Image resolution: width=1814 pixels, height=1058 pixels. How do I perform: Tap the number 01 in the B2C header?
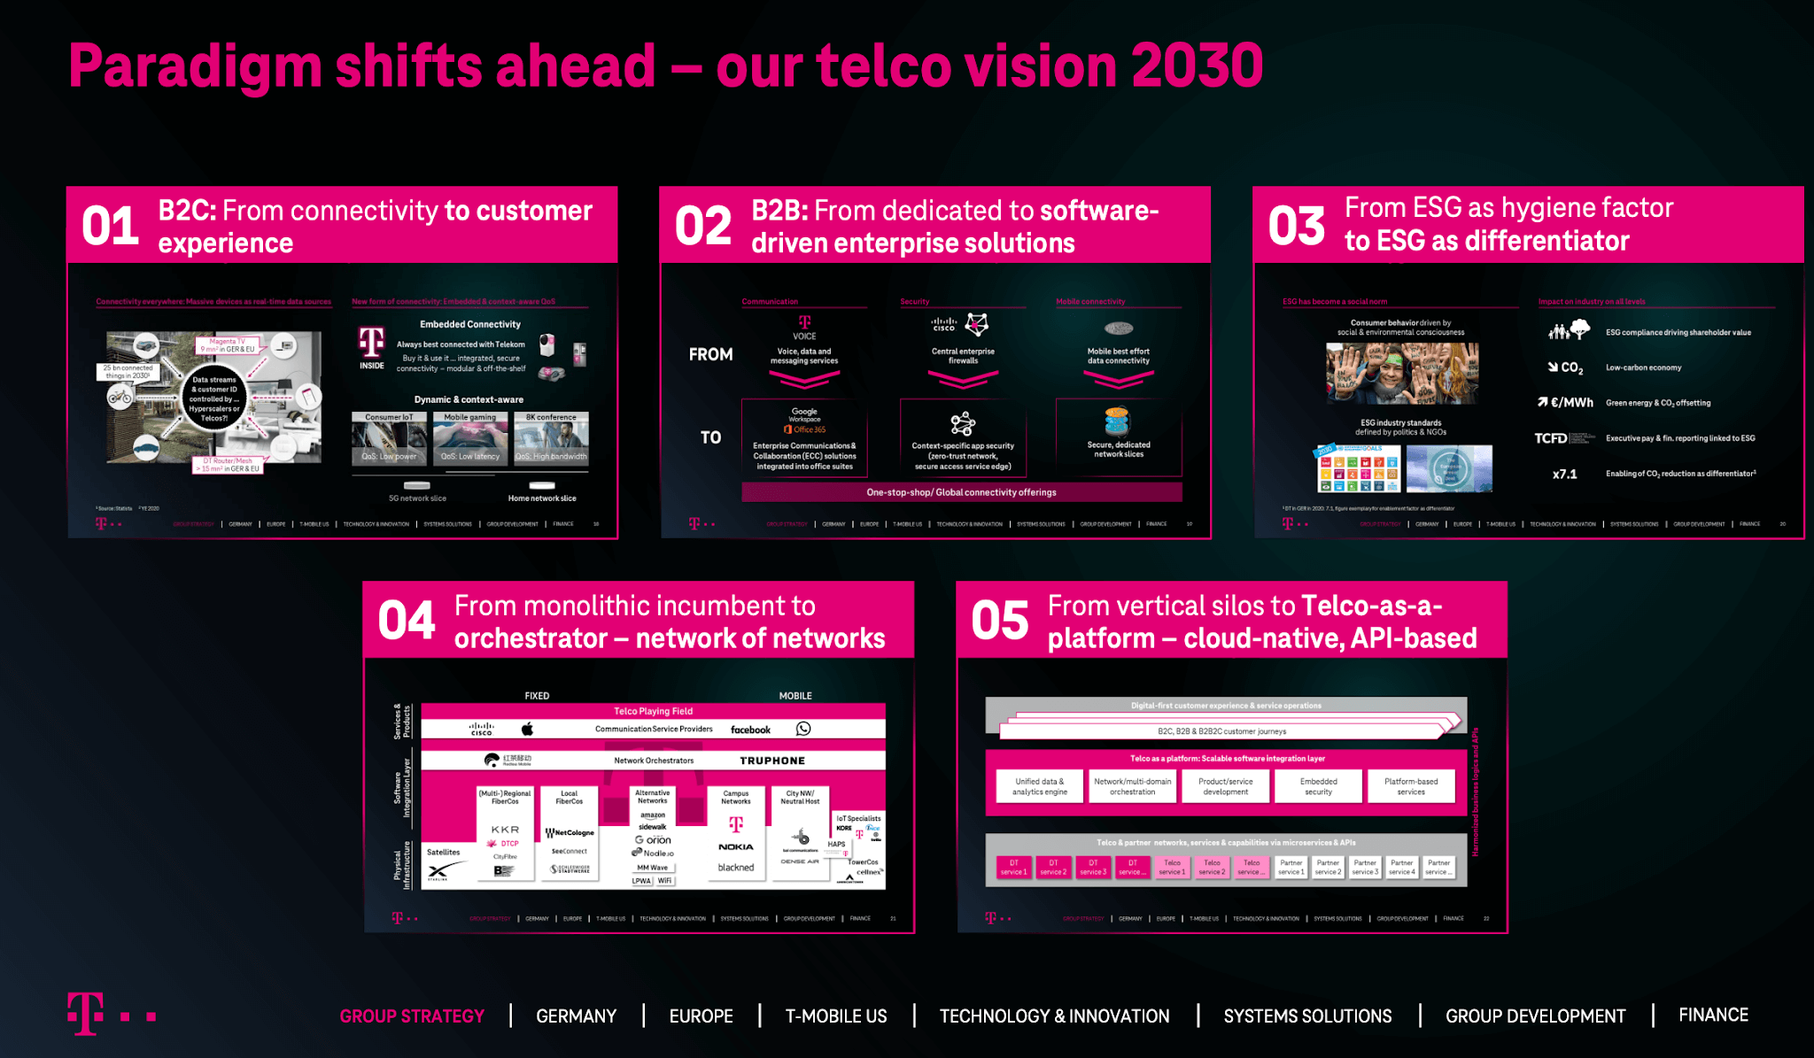(x=110, y=226)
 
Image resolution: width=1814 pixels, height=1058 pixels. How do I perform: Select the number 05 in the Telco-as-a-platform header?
(x=999, y=620)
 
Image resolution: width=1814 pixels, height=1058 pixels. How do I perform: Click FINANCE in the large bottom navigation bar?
(x=1713, y=1015)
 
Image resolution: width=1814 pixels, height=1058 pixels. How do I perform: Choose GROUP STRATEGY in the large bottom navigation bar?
(x=412, y=1016)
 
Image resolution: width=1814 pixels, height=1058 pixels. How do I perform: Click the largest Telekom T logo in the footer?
(x=86, y=1013)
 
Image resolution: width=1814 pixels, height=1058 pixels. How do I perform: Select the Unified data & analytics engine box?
(x=1040, y=786)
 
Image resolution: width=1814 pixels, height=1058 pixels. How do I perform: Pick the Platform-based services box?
(x=1411, y=786)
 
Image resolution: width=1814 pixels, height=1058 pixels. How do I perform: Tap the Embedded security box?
(x=1318, y=786)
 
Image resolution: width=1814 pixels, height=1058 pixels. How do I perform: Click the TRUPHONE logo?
(x=772, y=761)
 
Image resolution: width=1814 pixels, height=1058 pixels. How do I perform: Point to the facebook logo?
(x=750, y=730)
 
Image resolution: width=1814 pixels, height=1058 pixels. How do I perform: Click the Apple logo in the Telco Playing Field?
(x=527, y=729)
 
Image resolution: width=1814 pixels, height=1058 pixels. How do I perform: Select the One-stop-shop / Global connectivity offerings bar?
(x=961, y=492)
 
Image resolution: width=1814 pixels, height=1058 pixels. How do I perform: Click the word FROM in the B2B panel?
(x=710, y=354)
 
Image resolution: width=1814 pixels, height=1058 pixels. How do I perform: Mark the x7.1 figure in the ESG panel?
(x=1564, y=474)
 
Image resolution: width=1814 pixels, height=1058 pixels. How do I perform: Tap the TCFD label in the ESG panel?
(x=1551, y=438)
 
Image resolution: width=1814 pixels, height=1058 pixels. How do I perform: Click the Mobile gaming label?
(x=469, y=417)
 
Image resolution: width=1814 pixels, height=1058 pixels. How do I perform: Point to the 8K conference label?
(x=550, y=417)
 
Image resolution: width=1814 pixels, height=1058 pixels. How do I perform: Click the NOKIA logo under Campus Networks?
(x=735, y=846)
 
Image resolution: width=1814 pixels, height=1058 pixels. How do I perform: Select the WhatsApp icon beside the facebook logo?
(x=803, y=729)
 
